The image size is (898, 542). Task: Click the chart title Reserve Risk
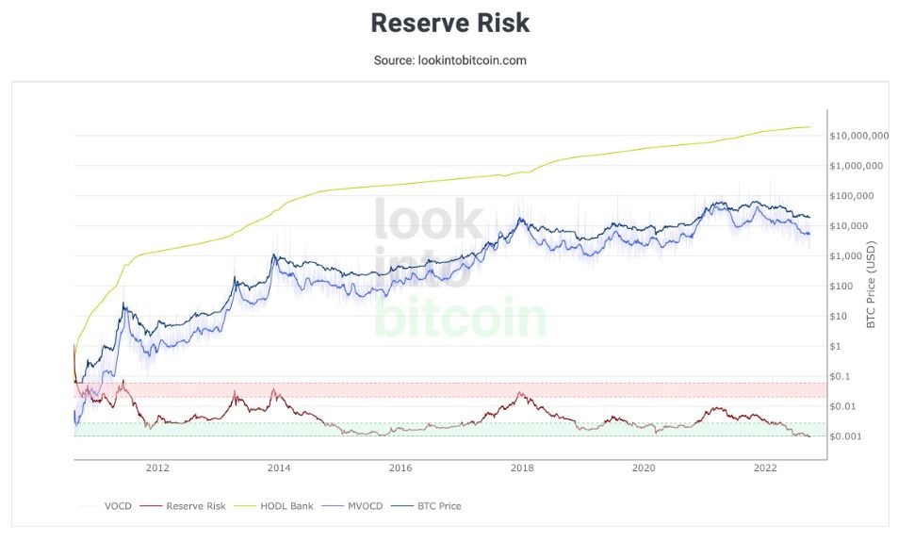point(449,23)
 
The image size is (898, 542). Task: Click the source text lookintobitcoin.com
point(449,60)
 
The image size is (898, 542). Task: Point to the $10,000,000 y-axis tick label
point(858,136)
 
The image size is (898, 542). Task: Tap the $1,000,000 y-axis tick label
point(858,166)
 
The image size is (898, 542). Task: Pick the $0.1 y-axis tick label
point(842,376)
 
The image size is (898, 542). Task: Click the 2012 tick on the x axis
point(157,468)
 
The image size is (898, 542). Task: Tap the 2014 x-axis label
point(279,468)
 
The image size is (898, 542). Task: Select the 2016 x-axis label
point(400,468)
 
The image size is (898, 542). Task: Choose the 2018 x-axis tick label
point(522,468)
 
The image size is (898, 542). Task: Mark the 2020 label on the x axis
point(644,468)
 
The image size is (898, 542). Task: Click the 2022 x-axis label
point(765,468)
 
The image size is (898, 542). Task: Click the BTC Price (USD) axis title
point(871,283)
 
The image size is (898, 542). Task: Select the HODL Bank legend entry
point(286,506)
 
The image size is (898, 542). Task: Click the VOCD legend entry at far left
point(113,506)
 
